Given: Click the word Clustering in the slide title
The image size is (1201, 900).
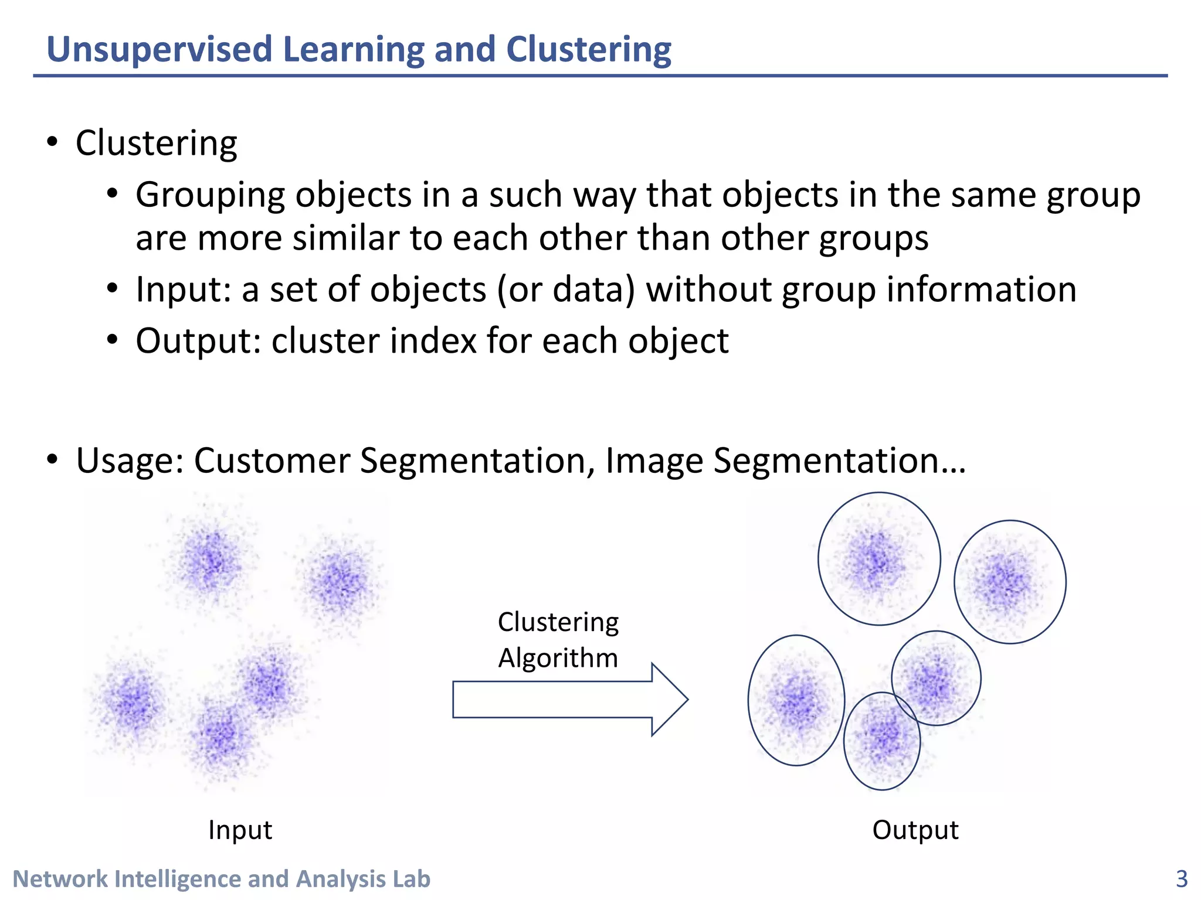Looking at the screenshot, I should (588, 49).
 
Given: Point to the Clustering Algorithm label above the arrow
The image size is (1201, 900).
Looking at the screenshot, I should (558, 639).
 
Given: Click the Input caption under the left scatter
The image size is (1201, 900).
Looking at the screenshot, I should (240, 830).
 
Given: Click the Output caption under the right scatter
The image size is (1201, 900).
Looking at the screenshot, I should (915, 830).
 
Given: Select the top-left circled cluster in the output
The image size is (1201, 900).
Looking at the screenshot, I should (878, 559).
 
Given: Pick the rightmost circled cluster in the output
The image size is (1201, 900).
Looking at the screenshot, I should (1009, 582).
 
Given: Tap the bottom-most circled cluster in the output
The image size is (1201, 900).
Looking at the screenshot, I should (881, 741).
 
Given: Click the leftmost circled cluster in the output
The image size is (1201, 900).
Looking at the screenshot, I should (796, 700).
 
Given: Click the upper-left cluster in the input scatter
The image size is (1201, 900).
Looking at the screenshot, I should (209, 560).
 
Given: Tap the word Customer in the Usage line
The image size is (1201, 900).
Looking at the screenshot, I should (272, 461).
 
